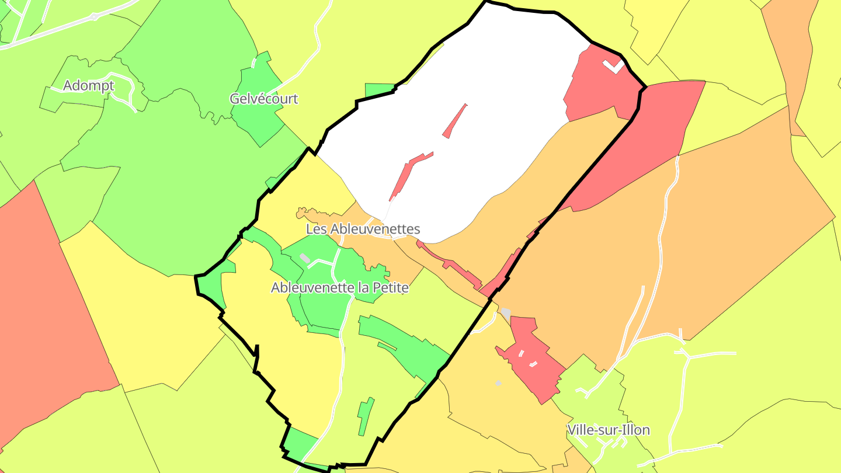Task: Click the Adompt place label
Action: pyautogui.click(x=88, y=85)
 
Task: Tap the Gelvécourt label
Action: pyautogui.click(x=263, y=99)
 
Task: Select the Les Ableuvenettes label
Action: pyautogui.click(x=363, y=229)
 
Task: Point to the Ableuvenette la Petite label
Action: pyautogui.click(x=339, y=288)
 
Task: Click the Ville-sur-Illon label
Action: pyautogui.click(x=608, y=430)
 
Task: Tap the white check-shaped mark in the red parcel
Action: pyautogui.click(x=613, y=66)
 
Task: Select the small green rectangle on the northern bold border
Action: pyautogui.click(x=379, y=90)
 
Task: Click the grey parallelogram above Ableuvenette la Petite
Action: pyautogui.click(x=304, y=258)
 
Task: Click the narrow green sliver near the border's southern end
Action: pyautogui.click(x=366, y=416)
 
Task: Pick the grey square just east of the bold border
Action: pyautogui.click(x=506, y=313)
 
